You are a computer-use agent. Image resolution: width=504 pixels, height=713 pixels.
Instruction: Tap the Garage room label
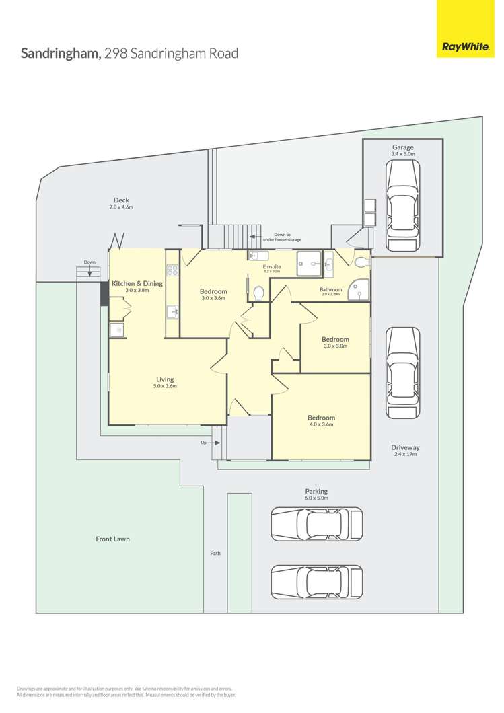(403, 147)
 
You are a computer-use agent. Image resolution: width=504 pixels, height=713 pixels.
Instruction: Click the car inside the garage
(402, 205)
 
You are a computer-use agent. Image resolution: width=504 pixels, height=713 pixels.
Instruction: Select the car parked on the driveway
(402, 374)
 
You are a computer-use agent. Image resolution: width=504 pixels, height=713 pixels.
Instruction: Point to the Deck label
(121, 200)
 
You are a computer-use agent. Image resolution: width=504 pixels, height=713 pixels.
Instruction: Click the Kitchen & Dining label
(137, 284)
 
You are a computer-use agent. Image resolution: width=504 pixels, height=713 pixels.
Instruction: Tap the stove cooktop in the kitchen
(172, 271)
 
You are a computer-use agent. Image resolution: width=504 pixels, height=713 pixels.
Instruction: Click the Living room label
(166, 379)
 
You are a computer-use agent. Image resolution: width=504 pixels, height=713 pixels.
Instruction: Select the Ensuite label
(272, 267)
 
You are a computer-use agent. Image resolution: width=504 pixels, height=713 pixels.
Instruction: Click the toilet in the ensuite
(259, 293)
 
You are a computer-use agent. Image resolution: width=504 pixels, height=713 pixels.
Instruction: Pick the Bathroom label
(331, 289)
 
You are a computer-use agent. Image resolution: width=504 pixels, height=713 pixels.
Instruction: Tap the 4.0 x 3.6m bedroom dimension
(321, 424)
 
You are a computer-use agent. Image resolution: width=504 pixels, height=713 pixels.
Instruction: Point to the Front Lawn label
(112, 539)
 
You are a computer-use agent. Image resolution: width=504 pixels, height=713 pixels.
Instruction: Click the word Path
(215, 554)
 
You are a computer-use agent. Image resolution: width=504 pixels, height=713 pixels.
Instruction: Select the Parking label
(316, 492)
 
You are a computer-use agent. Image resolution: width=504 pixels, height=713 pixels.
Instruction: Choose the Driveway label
(405, 447)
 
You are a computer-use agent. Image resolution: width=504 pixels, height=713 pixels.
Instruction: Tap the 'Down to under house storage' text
(282, 236)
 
